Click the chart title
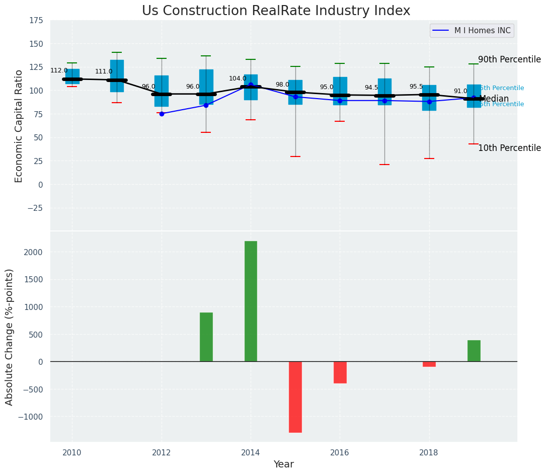click(x=276, y=11)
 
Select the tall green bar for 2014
click(x=251, y=301)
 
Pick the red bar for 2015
click(x=295, y=397)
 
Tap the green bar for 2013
click(x=206, y=337)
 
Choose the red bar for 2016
click(x=340, y=372)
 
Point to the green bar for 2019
click(x=474, y=351)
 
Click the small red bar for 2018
click(x=429, y=364)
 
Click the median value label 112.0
click(x=59, y=70)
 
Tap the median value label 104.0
click(x=238, y=78)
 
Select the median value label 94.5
click(x=371, y=88)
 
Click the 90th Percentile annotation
click(x=509, y=59)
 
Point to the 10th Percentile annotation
click(x=509, y=148)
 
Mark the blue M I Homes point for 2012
click(x=162, y=114)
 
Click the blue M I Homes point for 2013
click(x=206, y=105)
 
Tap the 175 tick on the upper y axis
click(x=36, y=21)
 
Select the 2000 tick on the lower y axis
click(x=34, y=252)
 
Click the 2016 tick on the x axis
click(x=340, y=452)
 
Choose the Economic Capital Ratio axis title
click(x=19, y=126)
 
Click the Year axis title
click(x=283, y=464)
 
